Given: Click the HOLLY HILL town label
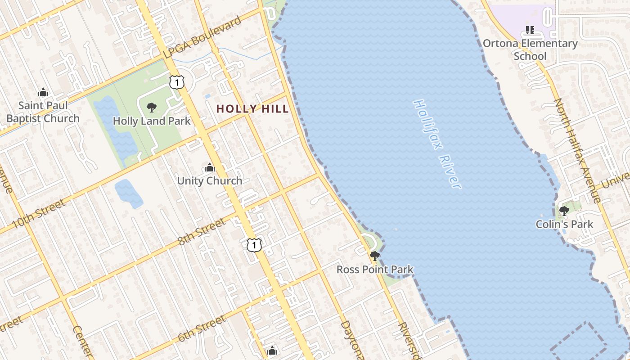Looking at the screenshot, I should click(252, 108).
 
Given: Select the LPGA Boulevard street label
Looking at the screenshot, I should click(202, 38).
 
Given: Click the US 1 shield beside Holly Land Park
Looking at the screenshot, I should click(177, 82).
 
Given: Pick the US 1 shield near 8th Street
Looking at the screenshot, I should click(254, 245).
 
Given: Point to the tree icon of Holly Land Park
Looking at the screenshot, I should click(152, 108).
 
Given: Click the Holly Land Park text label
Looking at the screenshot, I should click(152, 121).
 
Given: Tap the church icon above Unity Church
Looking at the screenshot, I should click(210, 168).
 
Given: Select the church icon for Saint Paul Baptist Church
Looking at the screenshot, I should click(43, 92).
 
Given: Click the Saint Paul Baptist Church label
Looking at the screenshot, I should click(43, 112).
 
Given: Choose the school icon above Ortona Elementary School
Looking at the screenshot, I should click(530, 30).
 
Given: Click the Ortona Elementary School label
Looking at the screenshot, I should click(530, 50).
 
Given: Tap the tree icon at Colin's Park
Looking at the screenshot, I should click(564, 211).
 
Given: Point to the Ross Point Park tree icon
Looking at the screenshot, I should click(374, 256).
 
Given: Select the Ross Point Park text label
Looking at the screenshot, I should click(375, 270).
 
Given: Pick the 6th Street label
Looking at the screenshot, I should click(201, 328).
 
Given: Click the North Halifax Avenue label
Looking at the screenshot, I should click(577, 151).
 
